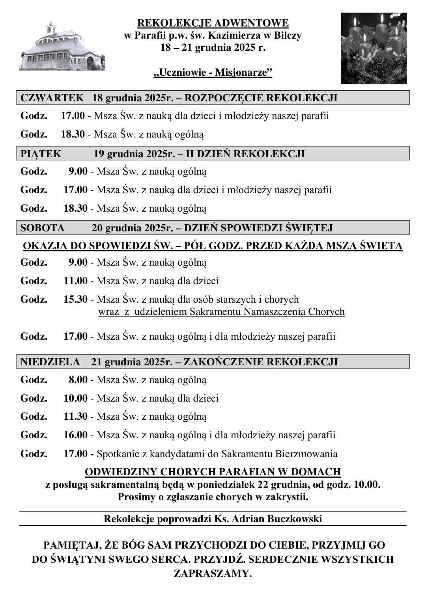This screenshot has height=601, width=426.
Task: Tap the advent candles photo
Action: pos(374,48)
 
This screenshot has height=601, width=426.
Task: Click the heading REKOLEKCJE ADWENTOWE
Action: pos(213,23)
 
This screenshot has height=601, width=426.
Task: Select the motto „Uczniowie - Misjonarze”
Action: pos(213,73)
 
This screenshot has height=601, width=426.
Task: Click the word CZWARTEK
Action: pos(52,98)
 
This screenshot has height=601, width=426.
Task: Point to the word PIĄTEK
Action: pos(41,154)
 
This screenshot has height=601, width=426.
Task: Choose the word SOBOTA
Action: pos(42,228)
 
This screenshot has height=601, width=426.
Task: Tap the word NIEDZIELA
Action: pos(50,362)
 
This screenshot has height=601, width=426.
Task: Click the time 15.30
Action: pos(75,300)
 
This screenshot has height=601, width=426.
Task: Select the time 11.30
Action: pos(75,417)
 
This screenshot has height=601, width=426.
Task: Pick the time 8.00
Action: pos(78,380)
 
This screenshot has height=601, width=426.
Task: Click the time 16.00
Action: pos(75,435)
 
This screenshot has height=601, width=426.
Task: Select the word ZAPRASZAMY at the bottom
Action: pos(213,573)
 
